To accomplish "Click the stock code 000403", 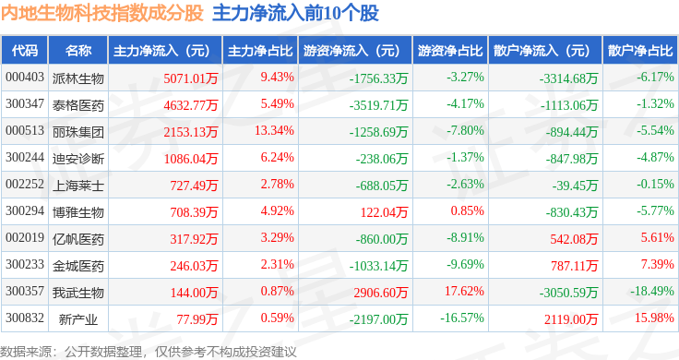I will [x=25, y=77].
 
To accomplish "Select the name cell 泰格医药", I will [x=78, y=103].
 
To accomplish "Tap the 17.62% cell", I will [x=464, y=292].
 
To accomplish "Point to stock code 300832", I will [x=25, y=318].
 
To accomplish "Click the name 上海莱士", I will [x=78, y=185].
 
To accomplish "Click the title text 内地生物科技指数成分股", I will [x=102, y=14].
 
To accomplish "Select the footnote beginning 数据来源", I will [x=149, y=350].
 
